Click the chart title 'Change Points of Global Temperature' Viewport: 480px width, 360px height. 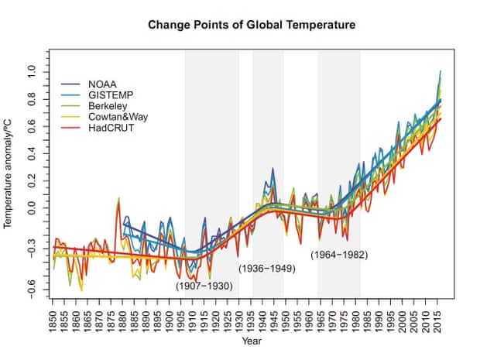252,25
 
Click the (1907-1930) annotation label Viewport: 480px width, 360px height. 204,285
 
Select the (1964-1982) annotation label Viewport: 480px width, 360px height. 338,254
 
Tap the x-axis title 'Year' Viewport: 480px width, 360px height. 251,340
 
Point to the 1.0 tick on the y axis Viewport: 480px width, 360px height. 33,71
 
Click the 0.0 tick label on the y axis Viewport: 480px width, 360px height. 33,208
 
